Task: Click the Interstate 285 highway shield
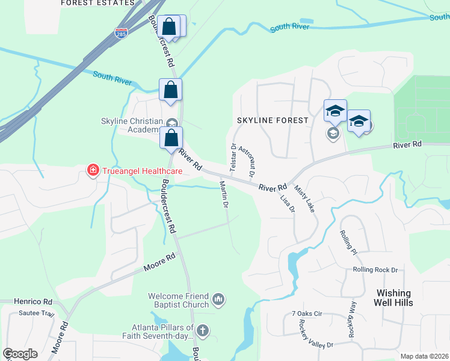(122, 32)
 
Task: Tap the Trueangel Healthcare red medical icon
(93, 171)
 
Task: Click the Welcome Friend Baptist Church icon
(218, 298)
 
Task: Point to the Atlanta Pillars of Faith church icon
(203, 330)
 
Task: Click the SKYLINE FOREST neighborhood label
(272, 120)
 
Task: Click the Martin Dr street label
(224, 194)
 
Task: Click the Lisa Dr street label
(288, 203)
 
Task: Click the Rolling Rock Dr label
(376, 270)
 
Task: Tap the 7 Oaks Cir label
(307, 313)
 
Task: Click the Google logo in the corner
(20, 354)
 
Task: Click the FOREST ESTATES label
(97, 3)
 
